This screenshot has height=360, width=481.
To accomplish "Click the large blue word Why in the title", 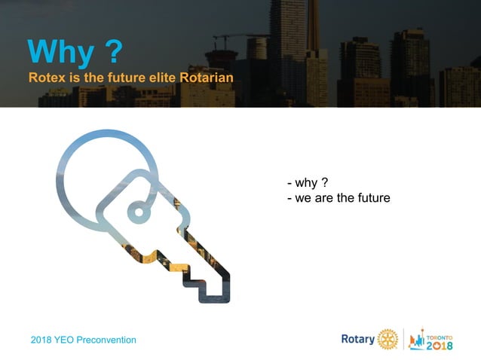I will (x=62, y=52).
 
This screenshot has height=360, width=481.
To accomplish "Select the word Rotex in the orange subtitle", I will (x=46, y=78).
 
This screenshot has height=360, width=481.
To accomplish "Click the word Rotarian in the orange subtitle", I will (x=206, y=78).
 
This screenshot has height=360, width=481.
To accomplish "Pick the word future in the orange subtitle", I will (x=121, y=78).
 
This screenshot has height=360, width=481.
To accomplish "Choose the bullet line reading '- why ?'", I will (x=307, y=183).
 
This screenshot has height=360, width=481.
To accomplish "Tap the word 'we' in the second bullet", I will (x=304, y=198).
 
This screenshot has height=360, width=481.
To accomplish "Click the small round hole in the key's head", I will (x=139, y=210).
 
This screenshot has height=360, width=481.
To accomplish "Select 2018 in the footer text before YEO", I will (x=42, y=340).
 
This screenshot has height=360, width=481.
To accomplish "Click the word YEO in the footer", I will (x=67, y=340).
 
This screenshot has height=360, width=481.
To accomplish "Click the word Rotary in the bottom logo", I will (x=358, y=339).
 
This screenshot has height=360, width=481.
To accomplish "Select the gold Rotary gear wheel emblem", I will (x=387, y=339).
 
